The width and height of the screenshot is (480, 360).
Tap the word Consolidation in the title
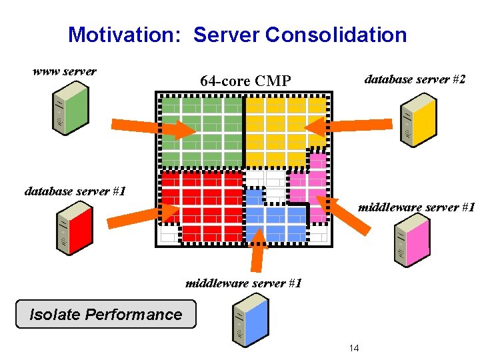336,35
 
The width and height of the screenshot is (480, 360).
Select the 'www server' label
65,71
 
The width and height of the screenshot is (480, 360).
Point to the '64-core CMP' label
245,81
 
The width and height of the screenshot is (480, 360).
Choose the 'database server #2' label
415,79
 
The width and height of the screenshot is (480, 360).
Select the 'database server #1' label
75,191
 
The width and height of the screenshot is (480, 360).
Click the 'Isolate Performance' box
106,315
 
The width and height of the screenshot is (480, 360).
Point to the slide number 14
354,348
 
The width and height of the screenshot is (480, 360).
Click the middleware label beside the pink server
416,207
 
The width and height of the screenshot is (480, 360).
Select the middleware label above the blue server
243,283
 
